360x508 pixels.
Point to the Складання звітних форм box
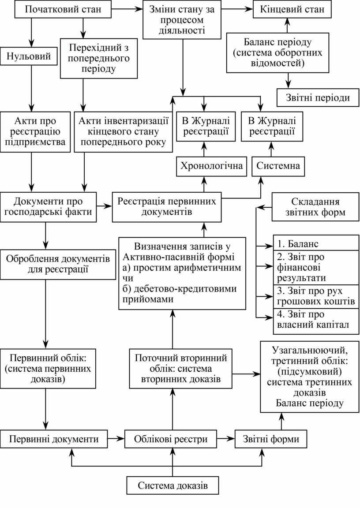click(315, 208)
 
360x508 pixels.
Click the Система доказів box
click(172, 486)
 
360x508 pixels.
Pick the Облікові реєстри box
click(171, 439)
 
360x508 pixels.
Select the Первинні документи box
click(54, 439)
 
